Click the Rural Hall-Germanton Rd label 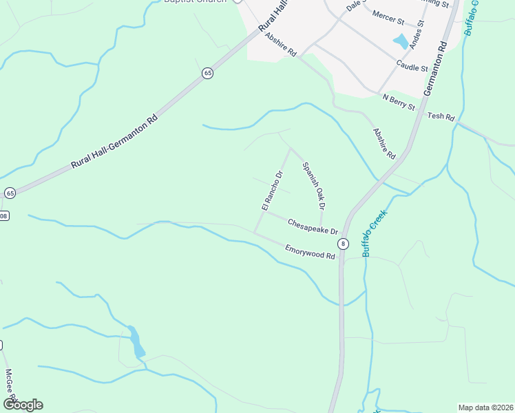click(114, 142)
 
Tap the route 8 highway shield click(342, 244)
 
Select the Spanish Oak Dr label click(313, 184)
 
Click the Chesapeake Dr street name click(313, 226)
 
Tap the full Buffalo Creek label click(375, 233)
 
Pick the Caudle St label click(412, 66)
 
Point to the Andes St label click(416, 34)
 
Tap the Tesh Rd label click(441, 117)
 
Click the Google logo click(23, 404)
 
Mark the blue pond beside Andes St click(400, 42)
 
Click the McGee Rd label click(10, 389)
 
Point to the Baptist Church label click(196, 2)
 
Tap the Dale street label click(354, 5)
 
